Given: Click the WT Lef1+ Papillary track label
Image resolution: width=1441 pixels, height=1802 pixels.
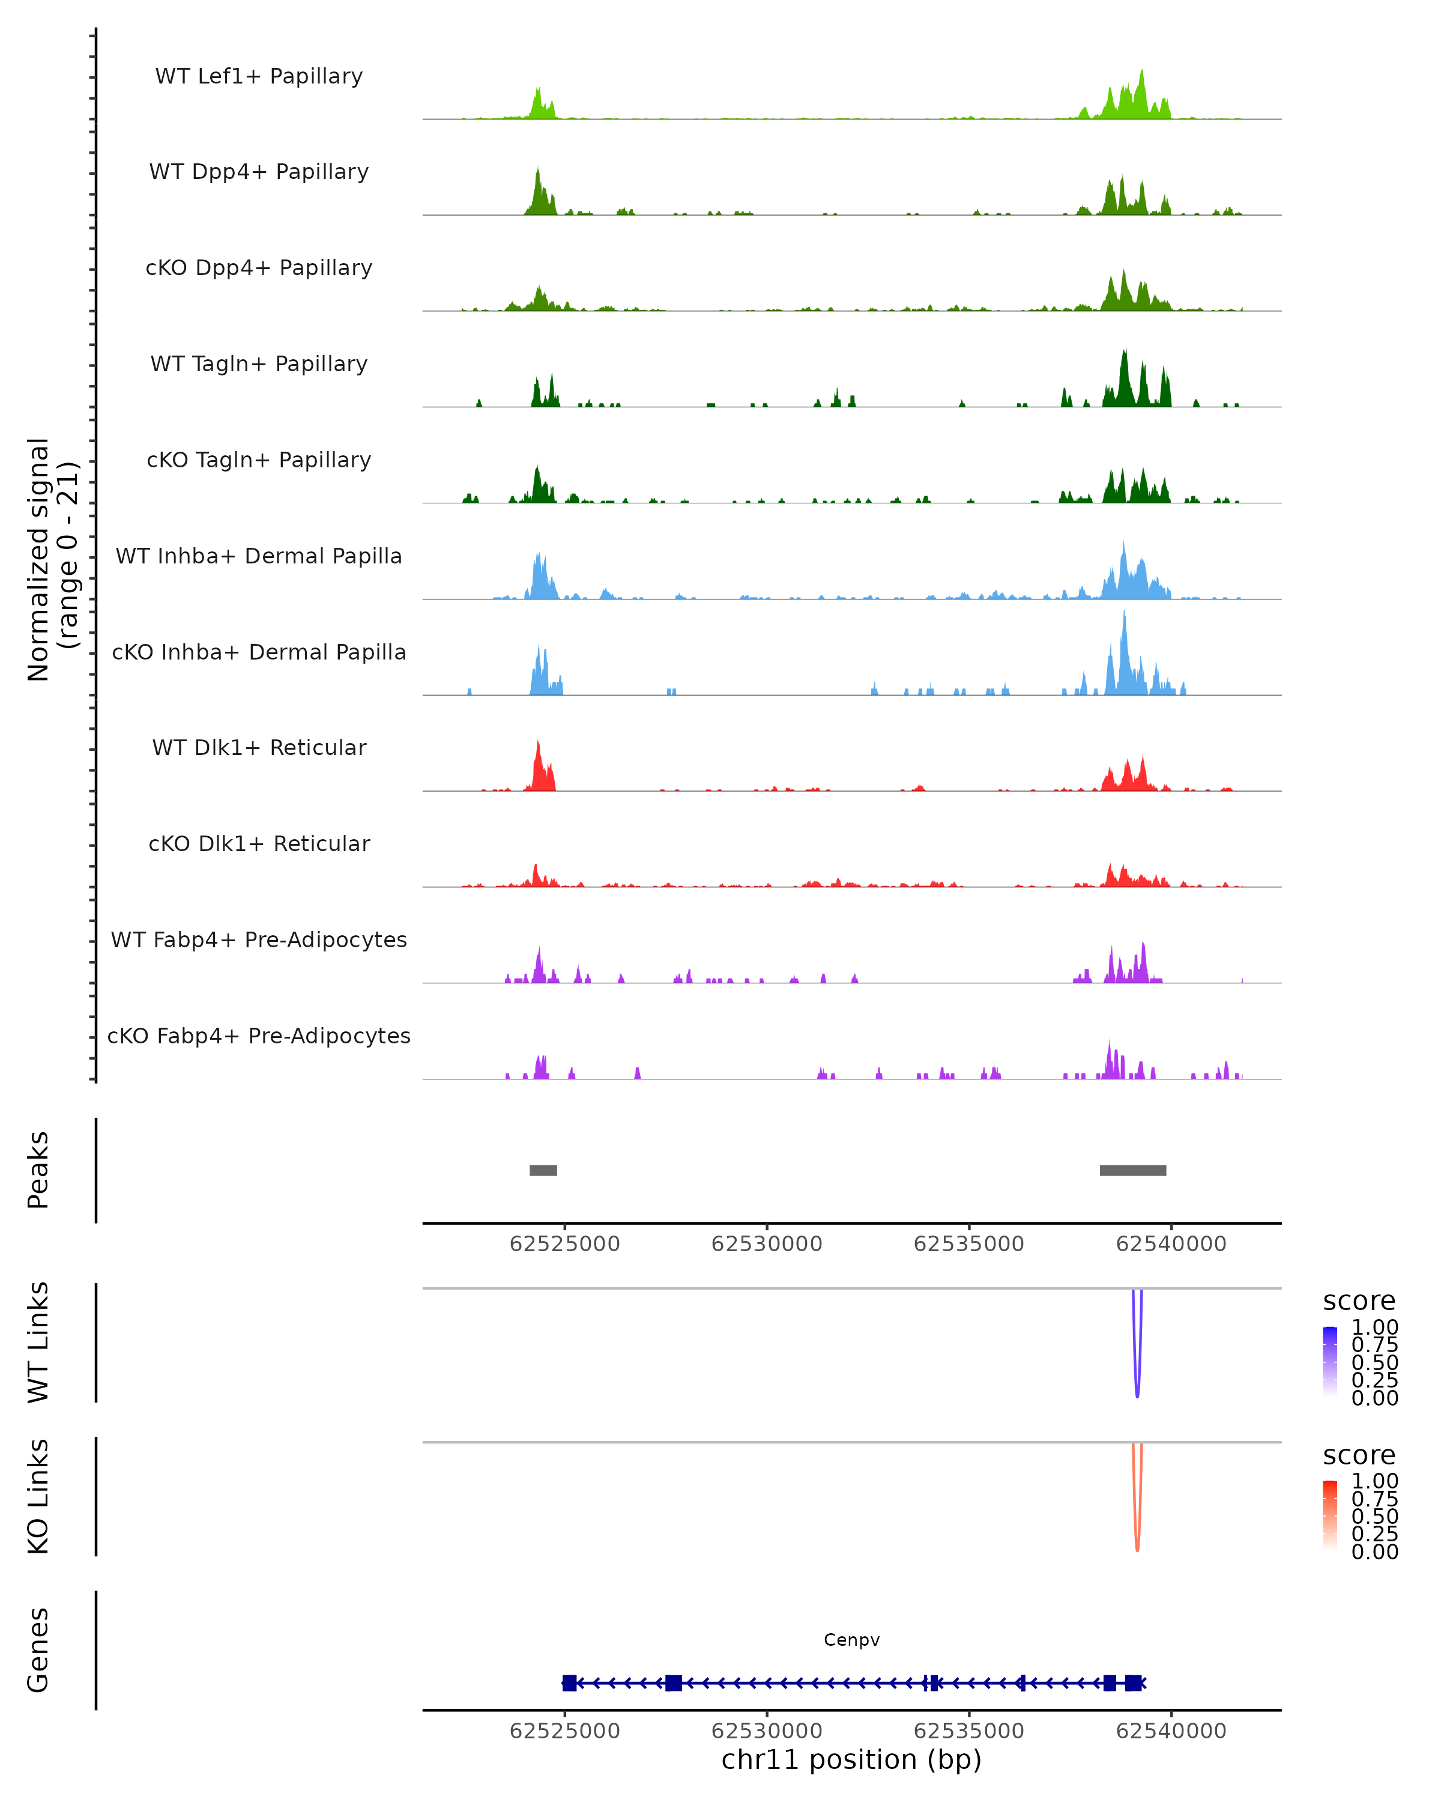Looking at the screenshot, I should [259, 76].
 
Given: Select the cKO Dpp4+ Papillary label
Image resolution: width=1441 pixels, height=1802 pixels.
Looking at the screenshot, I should [259, 267].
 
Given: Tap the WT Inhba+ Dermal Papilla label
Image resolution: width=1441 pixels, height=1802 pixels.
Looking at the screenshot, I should [259, 556].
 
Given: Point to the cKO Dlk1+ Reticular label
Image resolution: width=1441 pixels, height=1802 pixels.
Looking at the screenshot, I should [259, 843].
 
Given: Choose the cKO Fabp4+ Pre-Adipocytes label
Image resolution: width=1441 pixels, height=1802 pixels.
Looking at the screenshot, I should [259, 1036].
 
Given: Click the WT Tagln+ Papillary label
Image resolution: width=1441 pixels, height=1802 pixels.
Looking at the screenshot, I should [259, 363].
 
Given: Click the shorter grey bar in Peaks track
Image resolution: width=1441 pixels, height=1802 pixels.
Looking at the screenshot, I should [543, 1170].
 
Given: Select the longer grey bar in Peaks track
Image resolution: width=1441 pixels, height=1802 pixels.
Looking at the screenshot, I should [1133, 1170].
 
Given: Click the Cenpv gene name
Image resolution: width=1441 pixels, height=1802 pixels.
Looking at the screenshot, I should [851, 1640].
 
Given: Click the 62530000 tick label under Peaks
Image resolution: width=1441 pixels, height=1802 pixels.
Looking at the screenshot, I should [767, 1244].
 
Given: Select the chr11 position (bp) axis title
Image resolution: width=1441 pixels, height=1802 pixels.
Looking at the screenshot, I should [851, 1759].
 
